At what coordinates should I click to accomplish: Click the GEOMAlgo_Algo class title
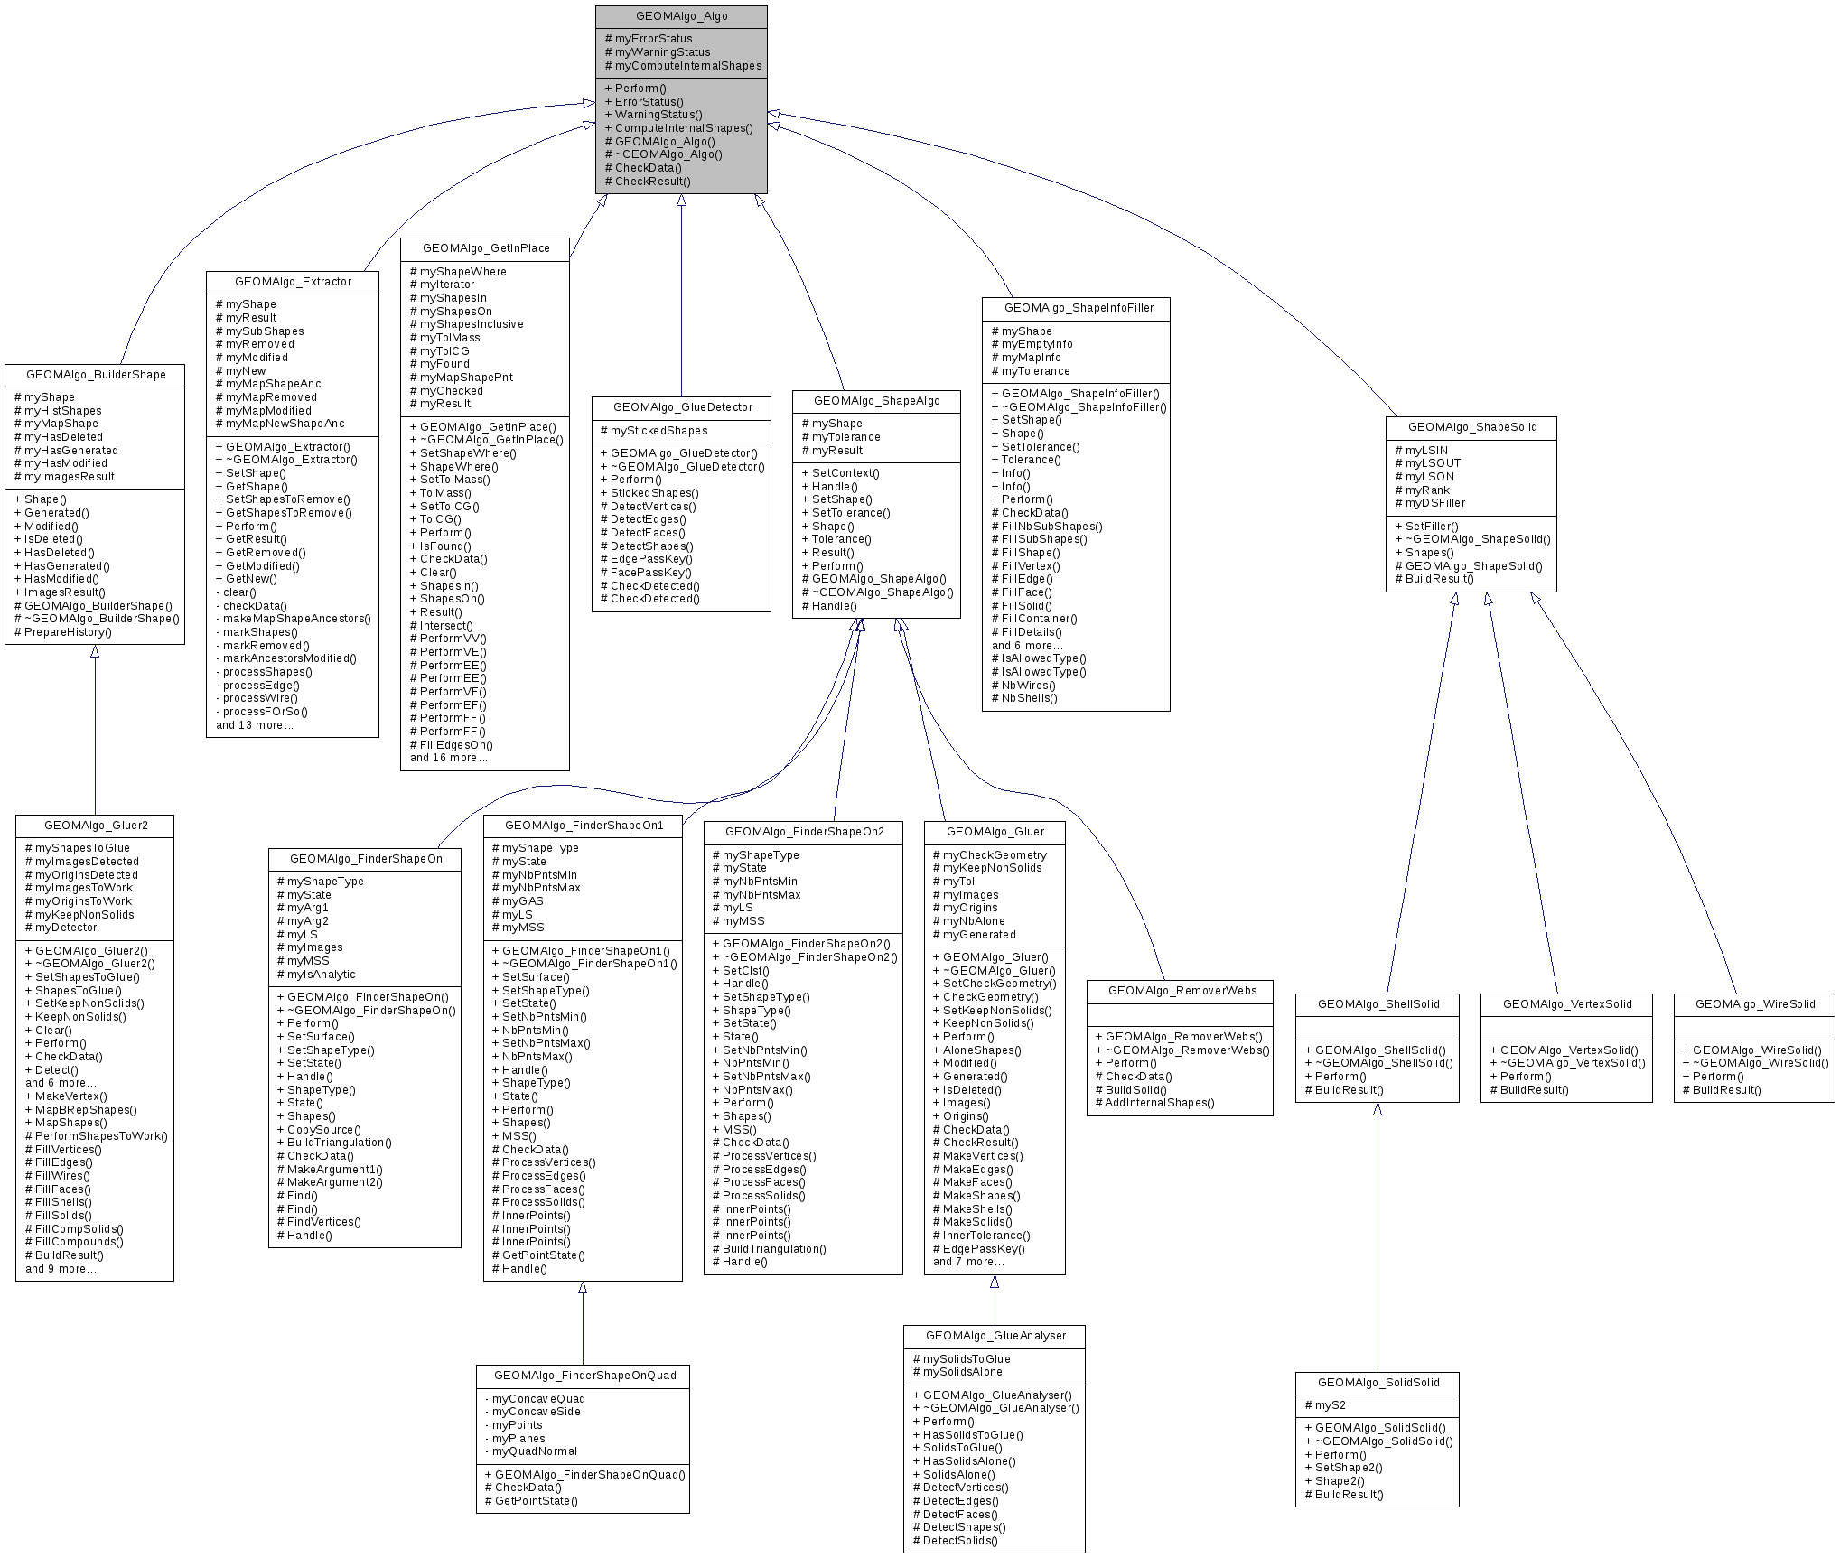[681, 16]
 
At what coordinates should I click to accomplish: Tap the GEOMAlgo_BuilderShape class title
[96, 375]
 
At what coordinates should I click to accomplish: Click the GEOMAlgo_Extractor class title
[293, 282]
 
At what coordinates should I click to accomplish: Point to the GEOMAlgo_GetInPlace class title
[485, 248]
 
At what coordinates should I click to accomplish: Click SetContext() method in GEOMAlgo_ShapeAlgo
[845, 473]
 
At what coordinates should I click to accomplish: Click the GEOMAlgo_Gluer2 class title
[96, 826]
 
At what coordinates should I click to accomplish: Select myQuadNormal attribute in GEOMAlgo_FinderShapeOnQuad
[534, 1451]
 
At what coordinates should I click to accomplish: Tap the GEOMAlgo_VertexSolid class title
[1567, 1004]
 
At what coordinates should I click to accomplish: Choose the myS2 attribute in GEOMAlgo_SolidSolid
[1330, 1405]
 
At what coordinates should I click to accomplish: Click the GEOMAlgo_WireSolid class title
[1754, 1004]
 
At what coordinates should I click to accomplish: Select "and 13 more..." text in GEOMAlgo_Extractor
[254, 725]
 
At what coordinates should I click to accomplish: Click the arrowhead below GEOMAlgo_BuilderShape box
[95, 651]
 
